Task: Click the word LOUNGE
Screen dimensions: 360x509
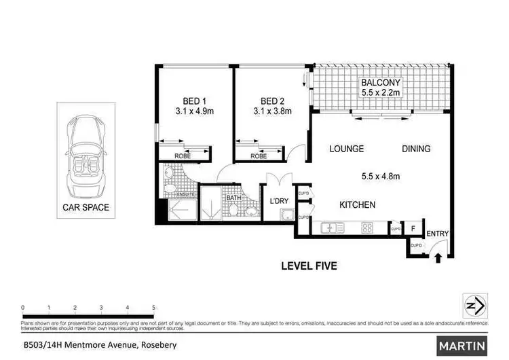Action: click(x=347, y=149)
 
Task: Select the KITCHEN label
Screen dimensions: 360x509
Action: click(x=358, y=205)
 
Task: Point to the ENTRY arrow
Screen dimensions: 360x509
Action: click(x=439, y=257)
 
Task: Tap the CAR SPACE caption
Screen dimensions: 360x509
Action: click(x=86, y=207)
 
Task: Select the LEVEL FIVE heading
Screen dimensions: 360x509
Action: click(x=309, y=266)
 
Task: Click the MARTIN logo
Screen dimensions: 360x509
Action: click(x=462, y=346)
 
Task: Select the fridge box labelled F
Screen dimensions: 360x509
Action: click(x=413, y=228)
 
